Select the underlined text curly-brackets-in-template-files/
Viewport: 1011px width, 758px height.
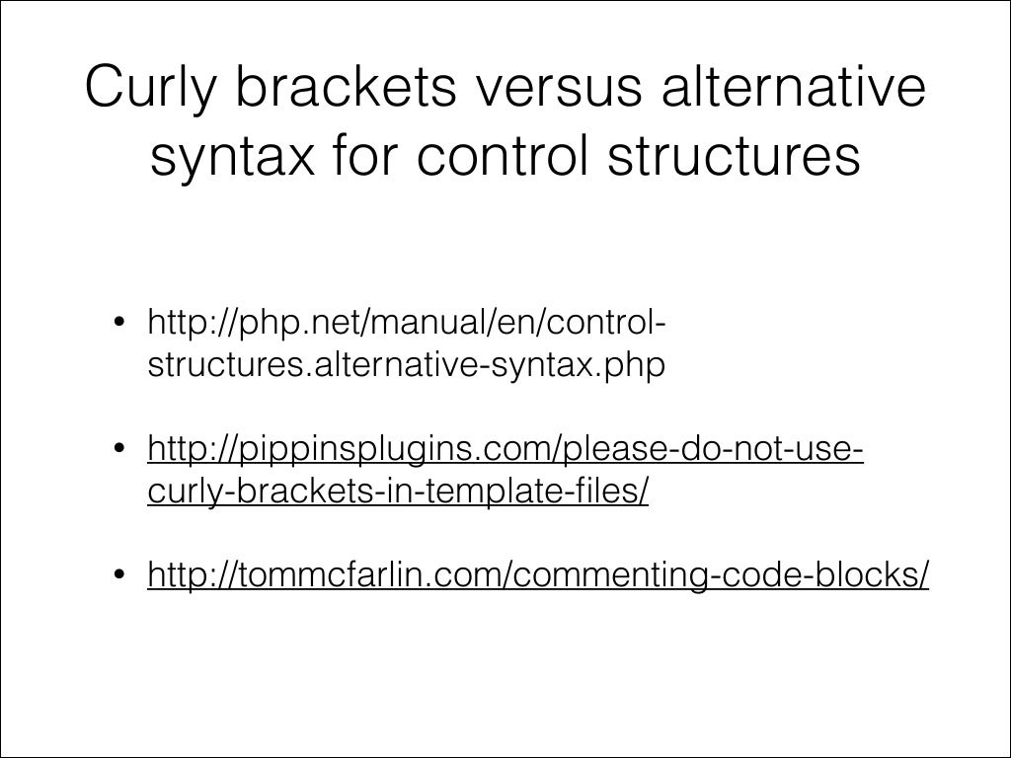398,493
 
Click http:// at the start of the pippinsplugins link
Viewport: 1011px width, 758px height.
188,450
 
